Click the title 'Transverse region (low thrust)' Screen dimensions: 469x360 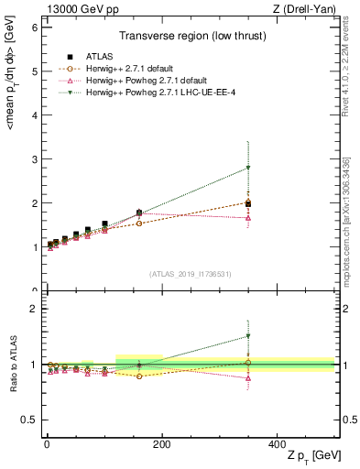coord(188,38)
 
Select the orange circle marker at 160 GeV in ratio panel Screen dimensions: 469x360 coord(138,376)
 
